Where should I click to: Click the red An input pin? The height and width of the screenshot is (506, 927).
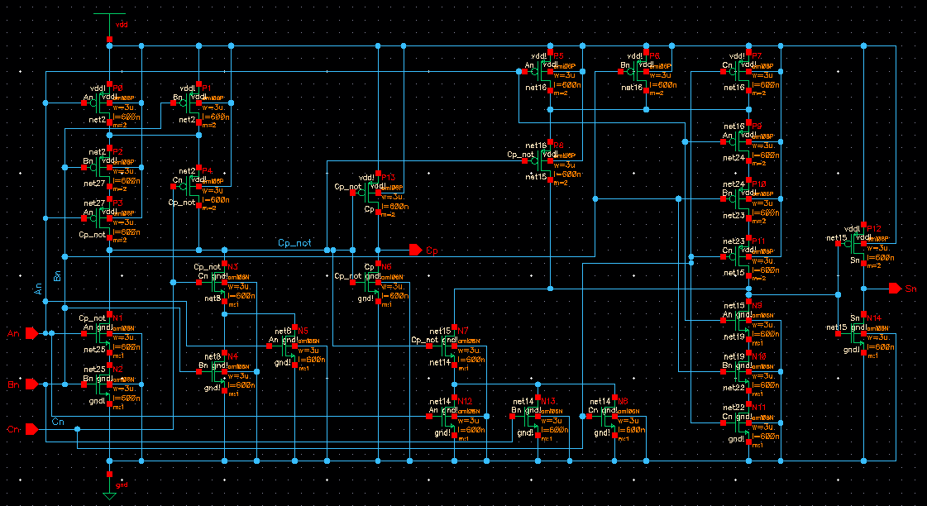[x=31, y=333]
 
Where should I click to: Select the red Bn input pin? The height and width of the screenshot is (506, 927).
[x=31, y=384]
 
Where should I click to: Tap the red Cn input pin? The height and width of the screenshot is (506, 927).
[x=31, y=428]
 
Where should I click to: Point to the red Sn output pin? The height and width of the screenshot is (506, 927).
[x=894, y=289]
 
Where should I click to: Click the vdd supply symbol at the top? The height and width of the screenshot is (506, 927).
[x=108, y=25]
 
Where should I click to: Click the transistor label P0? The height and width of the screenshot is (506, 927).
[x=117, y=88]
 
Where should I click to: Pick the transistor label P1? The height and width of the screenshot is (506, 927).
[x=207, y=88]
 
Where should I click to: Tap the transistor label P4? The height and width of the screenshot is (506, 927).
[x=207, y=171]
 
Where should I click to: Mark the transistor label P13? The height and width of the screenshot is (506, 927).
[x=389, y=178]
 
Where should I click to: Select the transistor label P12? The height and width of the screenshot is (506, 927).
[x=874, y=229]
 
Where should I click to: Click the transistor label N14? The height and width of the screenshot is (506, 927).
[x=874, y=318]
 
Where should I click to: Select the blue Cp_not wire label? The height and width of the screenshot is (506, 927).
[x=294, y=243]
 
